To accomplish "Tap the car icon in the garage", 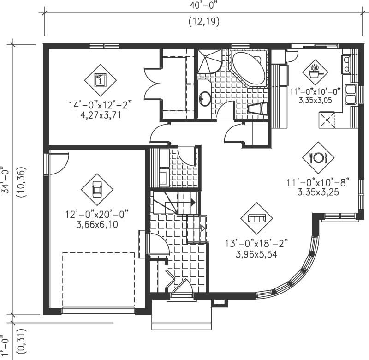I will click(x=97, y=190).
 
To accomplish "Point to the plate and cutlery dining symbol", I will click(x=318, y=157).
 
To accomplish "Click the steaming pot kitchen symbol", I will click(x=315, y=71).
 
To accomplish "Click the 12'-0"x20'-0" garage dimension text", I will click(x=97, y=214).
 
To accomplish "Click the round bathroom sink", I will click(x=205, y=98).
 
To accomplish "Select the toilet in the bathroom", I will click(x=256, y=109).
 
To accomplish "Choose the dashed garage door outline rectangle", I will click(x=98, y=281).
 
